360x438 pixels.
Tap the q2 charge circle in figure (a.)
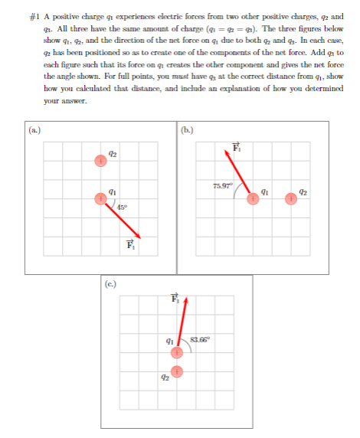(100, 161)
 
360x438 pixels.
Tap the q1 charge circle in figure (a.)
(100, 198)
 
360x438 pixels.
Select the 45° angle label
(123, 206)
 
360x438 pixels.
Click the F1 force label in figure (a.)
(129, 246)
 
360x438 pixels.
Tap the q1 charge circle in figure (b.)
(253, 198)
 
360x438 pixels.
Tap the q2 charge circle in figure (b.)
(291, 198)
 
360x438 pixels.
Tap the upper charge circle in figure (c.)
(177, 352)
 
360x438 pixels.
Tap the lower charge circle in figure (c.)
(177, 371)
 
